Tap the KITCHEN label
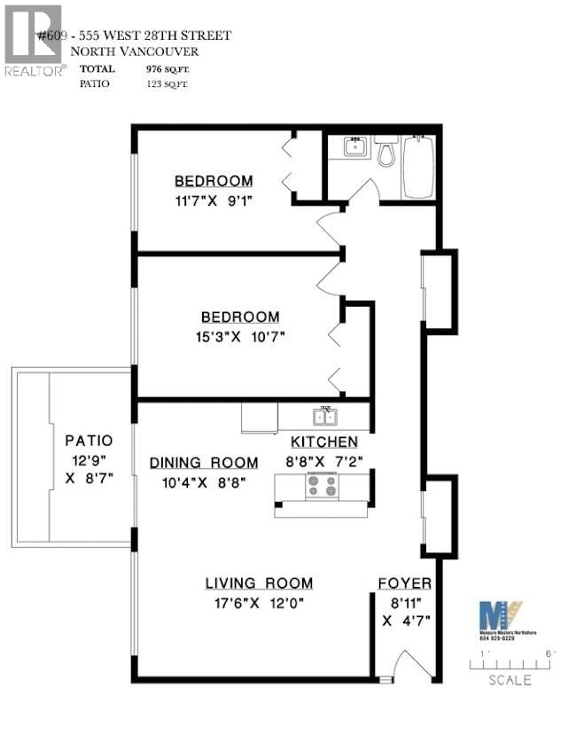(324, 442)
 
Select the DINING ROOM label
(204, 463)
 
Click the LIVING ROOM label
(259, 583)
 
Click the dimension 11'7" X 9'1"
(214, 201)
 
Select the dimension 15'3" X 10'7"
(240, 337)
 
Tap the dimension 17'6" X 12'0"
(259, 604)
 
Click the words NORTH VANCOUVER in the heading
(134, 51)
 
